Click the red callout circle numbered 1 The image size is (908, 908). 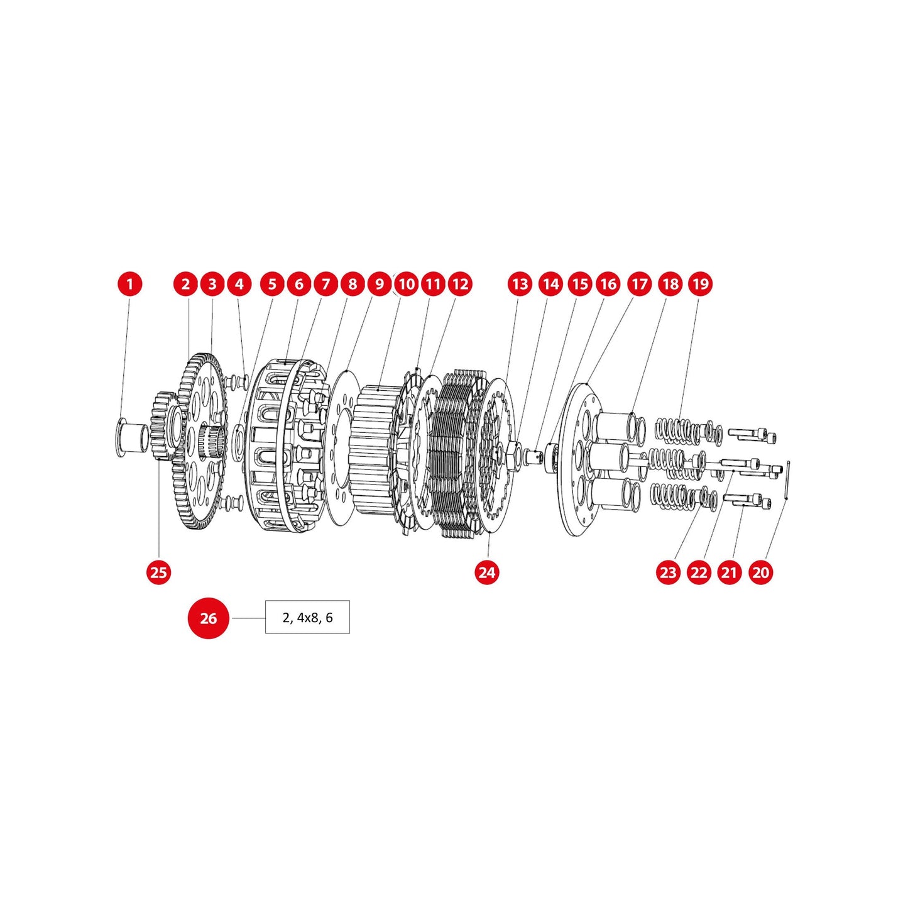click(130, 284)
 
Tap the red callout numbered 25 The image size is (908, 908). click(159, 572)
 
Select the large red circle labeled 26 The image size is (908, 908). click(209, 618)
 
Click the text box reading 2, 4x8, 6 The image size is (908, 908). click(307, 618)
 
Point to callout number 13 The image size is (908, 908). click(520, 284)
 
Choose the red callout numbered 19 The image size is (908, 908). click(700, 284)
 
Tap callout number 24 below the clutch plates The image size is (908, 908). click(487, 572)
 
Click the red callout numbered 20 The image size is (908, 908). click(760, 572)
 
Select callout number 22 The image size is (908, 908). click(699, 572)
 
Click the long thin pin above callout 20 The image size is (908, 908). click(787, 481)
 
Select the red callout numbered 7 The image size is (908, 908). click(325, 284)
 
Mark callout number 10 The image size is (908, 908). click(407, 284)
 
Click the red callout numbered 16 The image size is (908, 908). click(608, 284)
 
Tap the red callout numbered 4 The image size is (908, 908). click(239, 284)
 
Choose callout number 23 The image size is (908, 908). click(668, 572)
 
